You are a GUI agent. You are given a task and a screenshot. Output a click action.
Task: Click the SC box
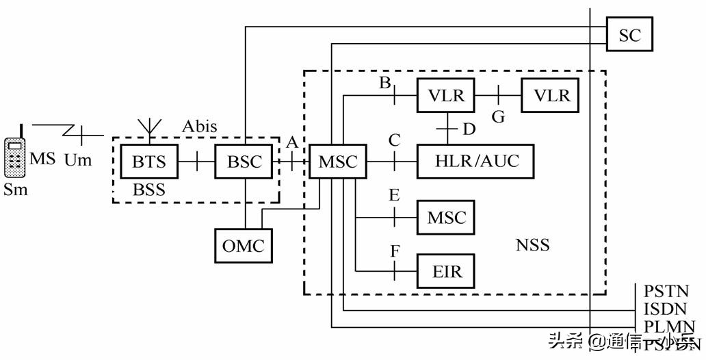coord(629,34)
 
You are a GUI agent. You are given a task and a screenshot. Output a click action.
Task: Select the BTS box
coord(148,162)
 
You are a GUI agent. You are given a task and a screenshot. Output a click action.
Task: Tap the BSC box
coord(244,162)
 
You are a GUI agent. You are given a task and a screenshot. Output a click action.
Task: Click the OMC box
coord(244,245)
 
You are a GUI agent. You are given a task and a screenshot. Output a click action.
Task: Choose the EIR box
coord(446,271)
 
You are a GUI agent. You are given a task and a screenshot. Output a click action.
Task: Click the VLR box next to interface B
coord(446,95)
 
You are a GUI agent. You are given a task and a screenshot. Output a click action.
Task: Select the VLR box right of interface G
coord(551,95)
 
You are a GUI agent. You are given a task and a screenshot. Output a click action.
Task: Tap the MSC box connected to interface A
coord(337,162)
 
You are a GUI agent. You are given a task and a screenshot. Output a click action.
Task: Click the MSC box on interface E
coord(446,218)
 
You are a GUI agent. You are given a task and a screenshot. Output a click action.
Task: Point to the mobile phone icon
coord(14,158)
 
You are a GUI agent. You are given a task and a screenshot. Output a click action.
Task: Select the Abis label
coord(199,127)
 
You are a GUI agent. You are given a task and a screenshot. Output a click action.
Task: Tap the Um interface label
coord(77,160)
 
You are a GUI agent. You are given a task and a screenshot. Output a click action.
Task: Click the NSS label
coord(532,244)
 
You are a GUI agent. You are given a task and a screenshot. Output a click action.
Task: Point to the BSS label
coord(148,190)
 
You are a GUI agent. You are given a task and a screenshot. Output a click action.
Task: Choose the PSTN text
coord(664,292)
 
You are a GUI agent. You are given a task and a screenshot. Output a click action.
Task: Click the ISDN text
coord(664,309)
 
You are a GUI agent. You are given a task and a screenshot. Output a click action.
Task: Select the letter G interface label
coord(498,117)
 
